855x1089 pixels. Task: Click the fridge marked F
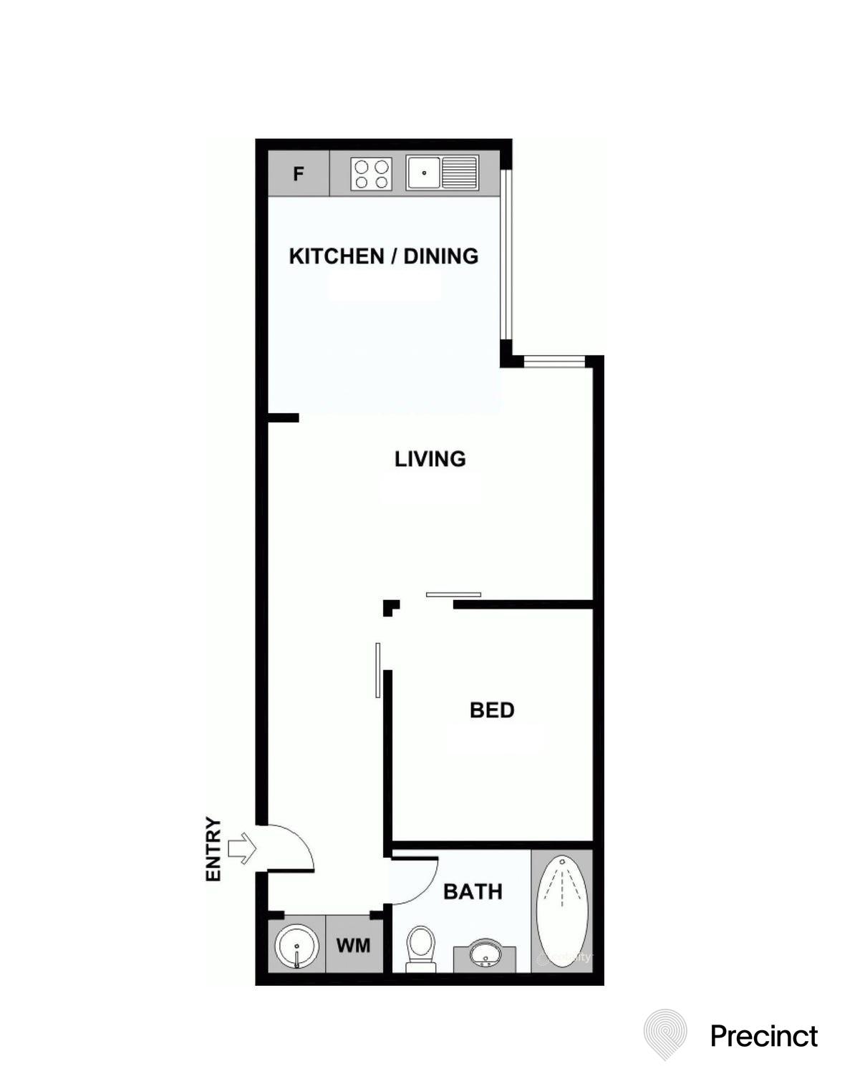point(299,173)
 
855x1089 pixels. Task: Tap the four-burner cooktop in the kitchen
point(372,174)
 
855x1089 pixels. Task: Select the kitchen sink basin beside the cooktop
point(423,173)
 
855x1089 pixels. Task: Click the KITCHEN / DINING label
point(383,256)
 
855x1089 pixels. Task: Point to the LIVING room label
point(430,458)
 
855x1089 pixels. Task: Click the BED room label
point(492,710)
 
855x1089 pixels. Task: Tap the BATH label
point(473,891)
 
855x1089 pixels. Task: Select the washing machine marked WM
point(354,945)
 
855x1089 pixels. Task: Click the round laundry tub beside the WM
point(296,946)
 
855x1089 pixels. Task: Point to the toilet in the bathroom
point(420,947)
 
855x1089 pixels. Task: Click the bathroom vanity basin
point(486,954)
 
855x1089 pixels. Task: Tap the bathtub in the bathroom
point(562,909)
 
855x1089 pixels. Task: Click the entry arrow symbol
point(242,848)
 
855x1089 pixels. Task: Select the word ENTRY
point(213,848)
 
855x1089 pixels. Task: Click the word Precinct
point(763,1036)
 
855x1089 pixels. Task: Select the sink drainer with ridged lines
point(460,173)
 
